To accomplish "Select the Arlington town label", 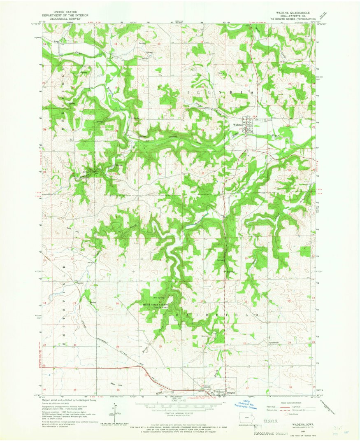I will point(231,393).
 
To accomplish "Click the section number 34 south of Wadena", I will point(246,171).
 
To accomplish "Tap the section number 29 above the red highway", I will point(118,347).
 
